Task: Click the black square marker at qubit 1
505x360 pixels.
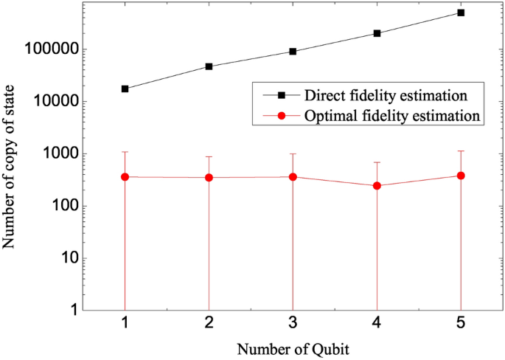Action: tap(125, 89)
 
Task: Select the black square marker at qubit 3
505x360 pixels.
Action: tap(293, 52)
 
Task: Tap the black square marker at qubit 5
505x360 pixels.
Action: tap(461, 13)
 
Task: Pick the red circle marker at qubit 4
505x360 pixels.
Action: tap(377, 186)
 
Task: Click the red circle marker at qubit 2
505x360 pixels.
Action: tap(209, 178)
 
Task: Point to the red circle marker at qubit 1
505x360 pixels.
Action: tap(125, 177)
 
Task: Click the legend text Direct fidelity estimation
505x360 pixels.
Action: tap(386, 96)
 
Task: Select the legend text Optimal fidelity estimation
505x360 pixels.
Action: tap(391, 116)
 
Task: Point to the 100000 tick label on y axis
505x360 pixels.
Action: tap(53, 50)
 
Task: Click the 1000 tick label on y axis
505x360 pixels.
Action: tap(62, 154)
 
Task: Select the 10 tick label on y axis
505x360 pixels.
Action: tap(69, 258)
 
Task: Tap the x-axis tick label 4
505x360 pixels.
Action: tap(377, 324)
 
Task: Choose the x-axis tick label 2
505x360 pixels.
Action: tap(209, 324)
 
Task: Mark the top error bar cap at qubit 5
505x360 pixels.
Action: tap(461, 151)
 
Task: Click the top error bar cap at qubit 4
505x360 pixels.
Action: tap(377, 162)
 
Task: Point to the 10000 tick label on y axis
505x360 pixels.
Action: tap(58, 102)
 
